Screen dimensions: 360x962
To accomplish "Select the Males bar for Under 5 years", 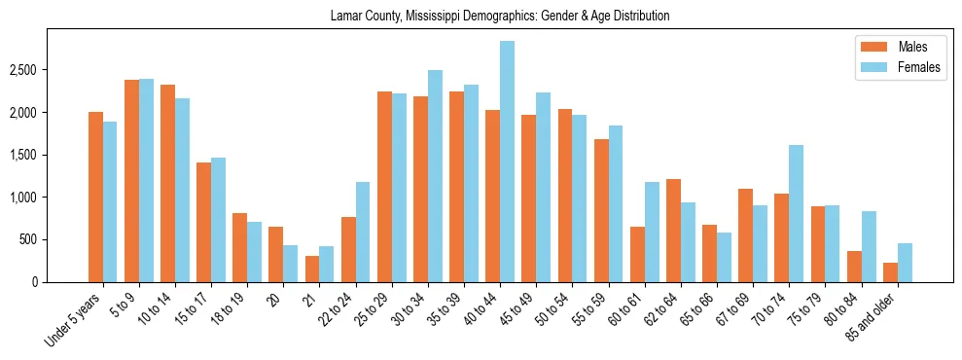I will [95, 197].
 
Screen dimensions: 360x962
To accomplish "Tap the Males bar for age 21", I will [312, 269].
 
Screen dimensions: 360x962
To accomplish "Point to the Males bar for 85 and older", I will [890, 272].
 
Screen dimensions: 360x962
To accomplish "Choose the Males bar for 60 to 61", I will [637, 254].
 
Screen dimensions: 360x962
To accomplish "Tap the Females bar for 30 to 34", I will [435, 176].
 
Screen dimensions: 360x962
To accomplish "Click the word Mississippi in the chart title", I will [420, 17].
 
